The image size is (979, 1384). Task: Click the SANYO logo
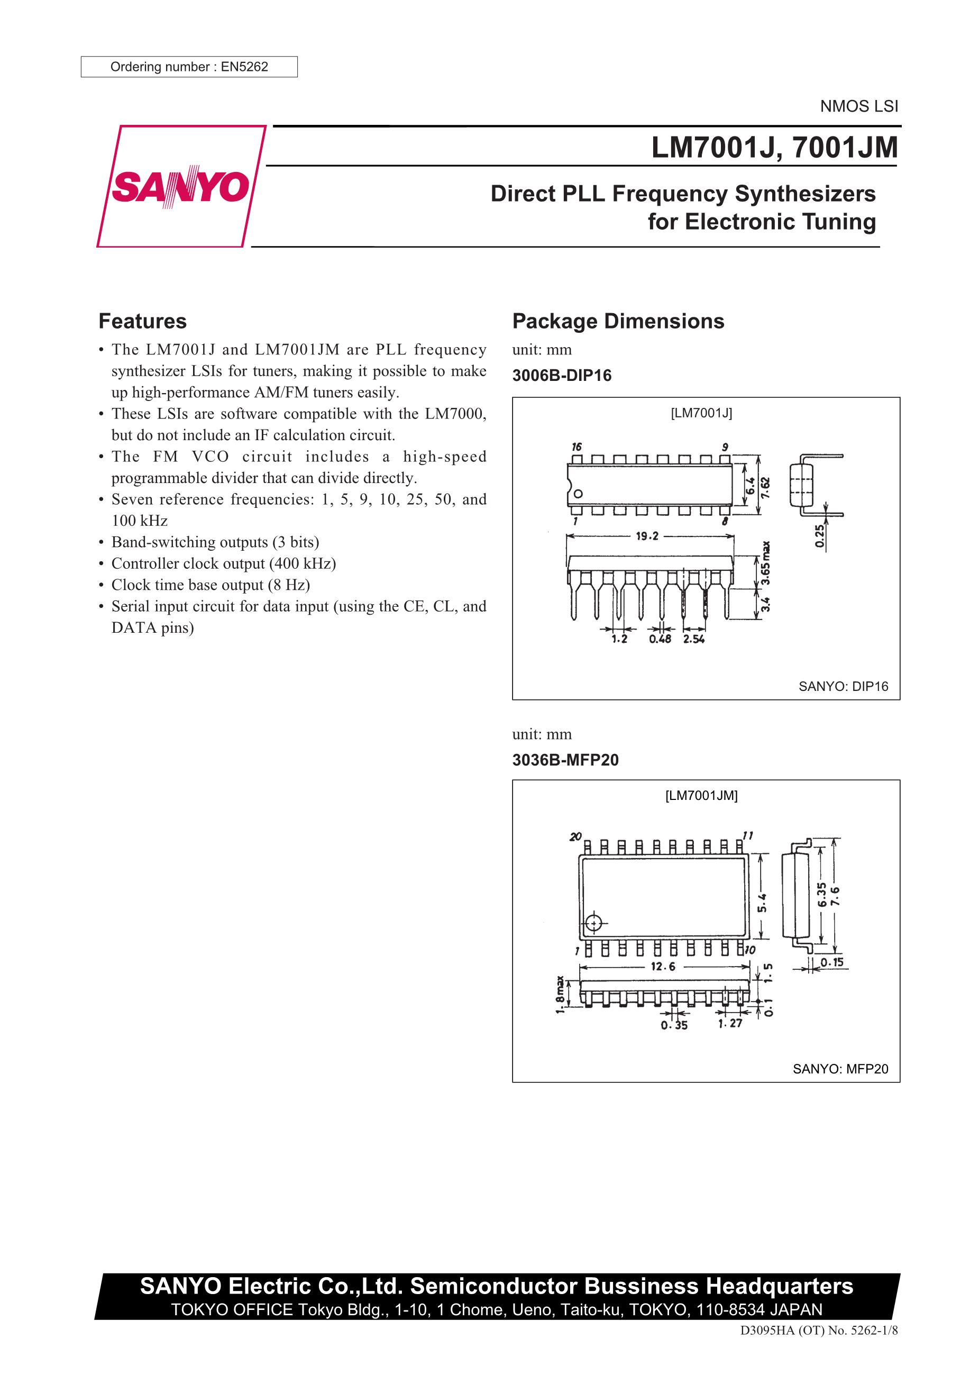(x=181, y=186)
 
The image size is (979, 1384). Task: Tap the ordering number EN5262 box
(x=189, y=67)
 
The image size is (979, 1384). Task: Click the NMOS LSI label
(x=858, y=107)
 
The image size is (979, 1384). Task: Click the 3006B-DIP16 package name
(x=561, y=376)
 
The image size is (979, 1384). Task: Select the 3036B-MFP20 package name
(x=565, y=760)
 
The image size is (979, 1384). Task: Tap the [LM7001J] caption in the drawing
(x=701, y=413)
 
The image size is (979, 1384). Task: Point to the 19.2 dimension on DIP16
(x=647, y=536)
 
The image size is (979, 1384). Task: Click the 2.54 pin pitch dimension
(x=694, y=639)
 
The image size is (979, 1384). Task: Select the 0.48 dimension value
(x=660, y=639)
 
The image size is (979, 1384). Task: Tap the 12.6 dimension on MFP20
(x=663, y=967)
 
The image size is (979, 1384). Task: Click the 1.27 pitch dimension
(x=730, y=1023)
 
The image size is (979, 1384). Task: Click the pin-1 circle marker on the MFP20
(x=594, y=923)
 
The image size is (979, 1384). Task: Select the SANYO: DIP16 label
(x=843, y=686)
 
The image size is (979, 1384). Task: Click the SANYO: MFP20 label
(x=840, y=1069)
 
